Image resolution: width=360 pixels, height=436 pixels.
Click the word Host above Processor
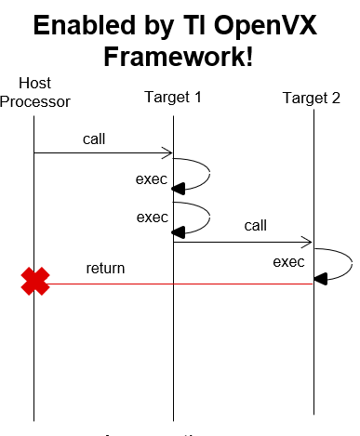pyautogui.click(x=34, y=84)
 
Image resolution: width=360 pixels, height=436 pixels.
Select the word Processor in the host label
pyautogui.click(x=34, y=100)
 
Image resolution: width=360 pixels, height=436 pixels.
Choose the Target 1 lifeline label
pyautogui.click(x=173, y=97)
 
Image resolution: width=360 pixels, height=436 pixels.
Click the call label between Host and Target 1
pyautogui.click(x=93, y=139)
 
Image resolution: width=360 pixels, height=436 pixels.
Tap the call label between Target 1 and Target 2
pyautogui.click(x=257, y=226)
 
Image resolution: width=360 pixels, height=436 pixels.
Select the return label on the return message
pyautogui.click(x=105, y=269)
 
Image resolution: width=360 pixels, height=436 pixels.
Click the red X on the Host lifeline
pyautogui.click(x=35, y=282)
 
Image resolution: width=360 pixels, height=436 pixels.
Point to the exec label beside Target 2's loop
pyautogui.click(x=288, y=262)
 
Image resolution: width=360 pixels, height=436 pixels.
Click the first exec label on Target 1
pyautogui.click(x=152, y=178)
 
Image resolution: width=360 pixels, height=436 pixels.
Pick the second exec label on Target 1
pyautogui.click(x=152, y=218)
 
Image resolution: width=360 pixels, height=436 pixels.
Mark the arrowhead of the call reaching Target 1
pyautogui.click(x=167, y=153)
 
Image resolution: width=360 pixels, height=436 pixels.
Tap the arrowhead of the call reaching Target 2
pyautogui.click(x=307, y=241)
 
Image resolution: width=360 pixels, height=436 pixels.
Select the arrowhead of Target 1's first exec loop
pyautogui.click(x=181, y=186)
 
